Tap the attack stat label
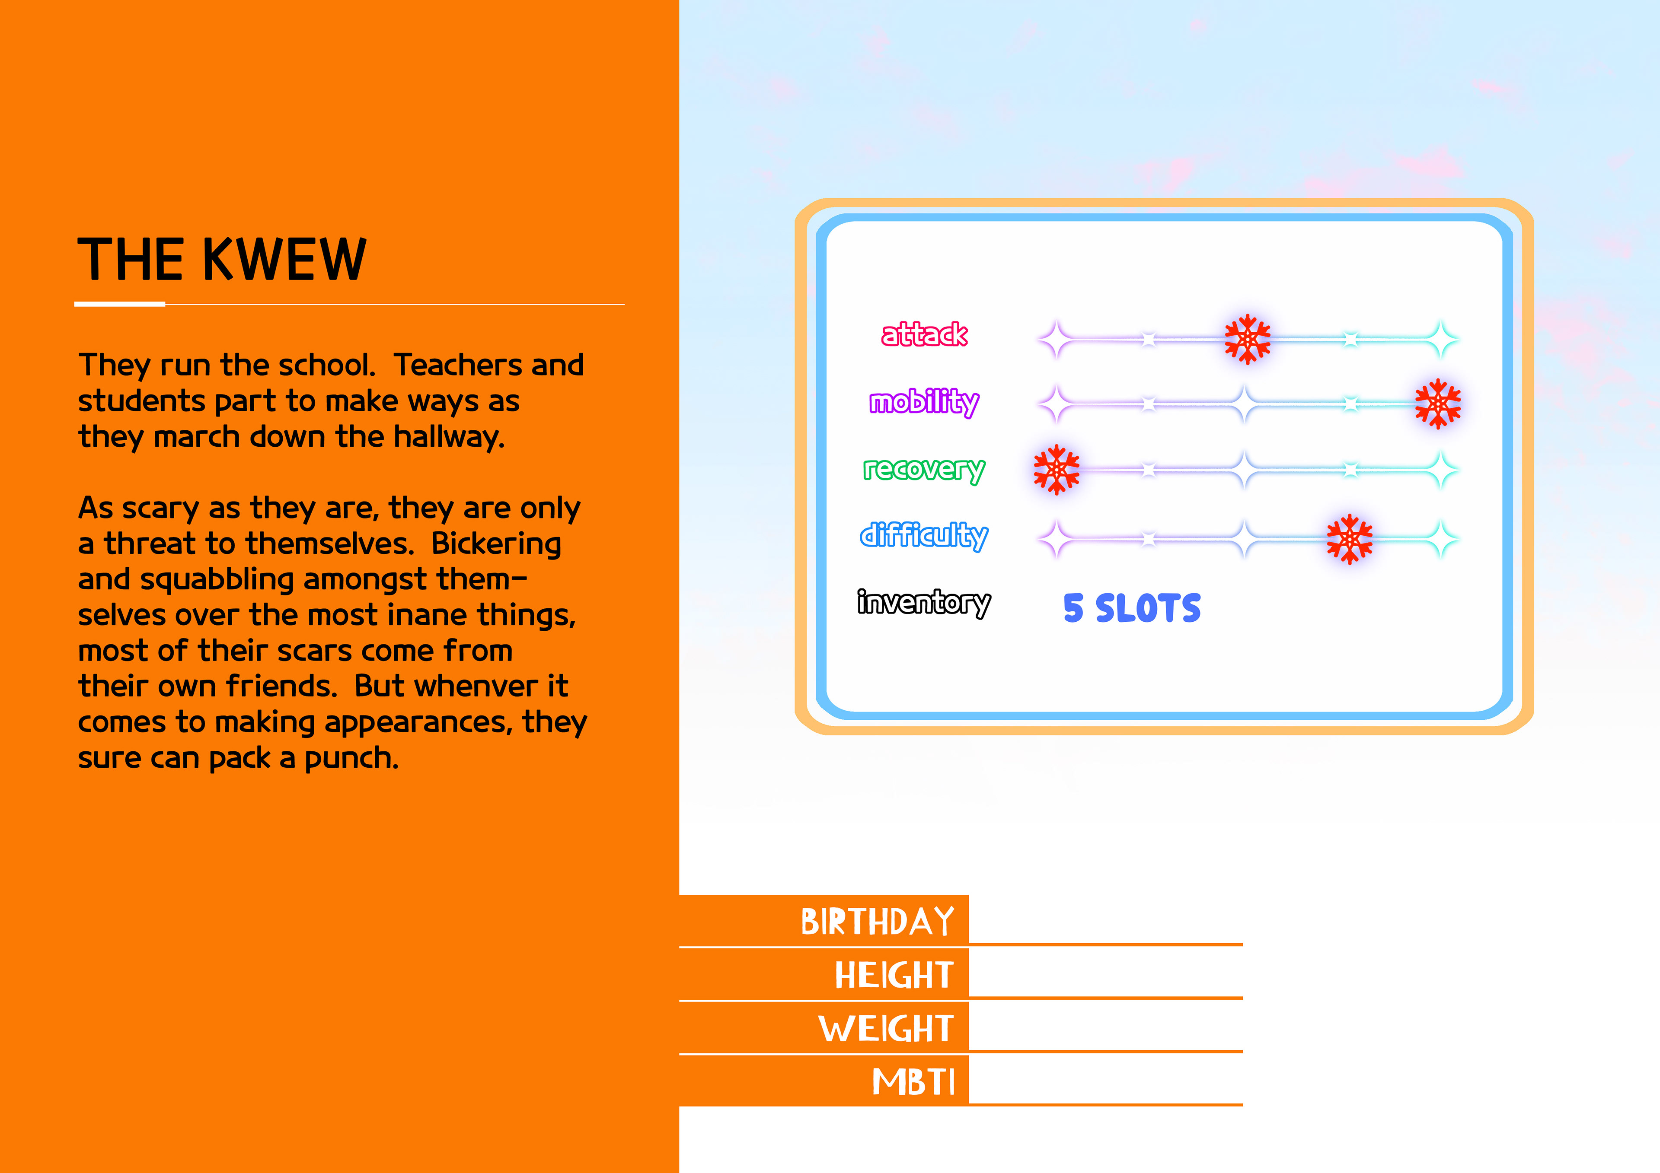coord(924,335)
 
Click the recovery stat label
coord(924,470)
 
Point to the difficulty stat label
coord(924,536)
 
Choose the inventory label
coord(924,603)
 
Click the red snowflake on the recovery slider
coord(1056,470)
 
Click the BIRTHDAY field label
coord(877,922)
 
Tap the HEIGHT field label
coord(894,975)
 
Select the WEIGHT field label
coord(886,1028)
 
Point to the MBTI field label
coord(913,1082)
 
